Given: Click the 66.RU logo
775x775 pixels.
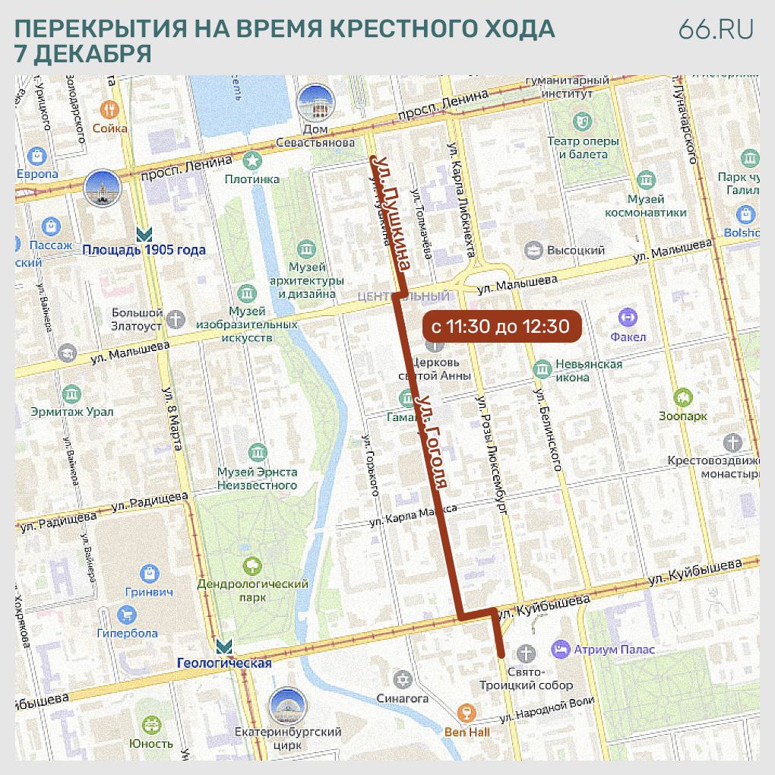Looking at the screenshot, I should click(716, 29).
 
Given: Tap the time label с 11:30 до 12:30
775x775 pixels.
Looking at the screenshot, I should click(500, 327).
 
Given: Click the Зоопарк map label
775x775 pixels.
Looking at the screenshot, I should click(682, 416).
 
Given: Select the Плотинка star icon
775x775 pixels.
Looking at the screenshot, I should click(252, 160).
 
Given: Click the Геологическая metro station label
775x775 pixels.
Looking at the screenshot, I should click(224, 663).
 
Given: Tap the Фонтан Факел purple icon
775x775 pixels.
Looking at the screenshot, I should click(628, 318).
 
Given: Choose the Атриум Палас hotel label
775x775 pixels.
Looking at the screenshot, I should click(614, 650).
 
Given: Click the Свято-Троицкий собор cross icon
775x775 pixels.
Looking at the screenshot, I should click(525, 653).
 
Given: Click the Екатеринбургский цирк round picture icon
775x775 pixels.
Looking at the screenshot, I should click(287, 707).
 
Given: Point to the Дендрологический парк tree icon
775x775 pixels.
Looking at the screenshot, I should click(251, 565).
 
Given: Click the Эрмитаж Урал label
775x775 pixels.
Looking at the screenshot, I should click(72, 412).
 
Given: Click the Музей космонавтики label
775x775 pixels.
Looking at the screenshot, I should click(645, 206).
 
